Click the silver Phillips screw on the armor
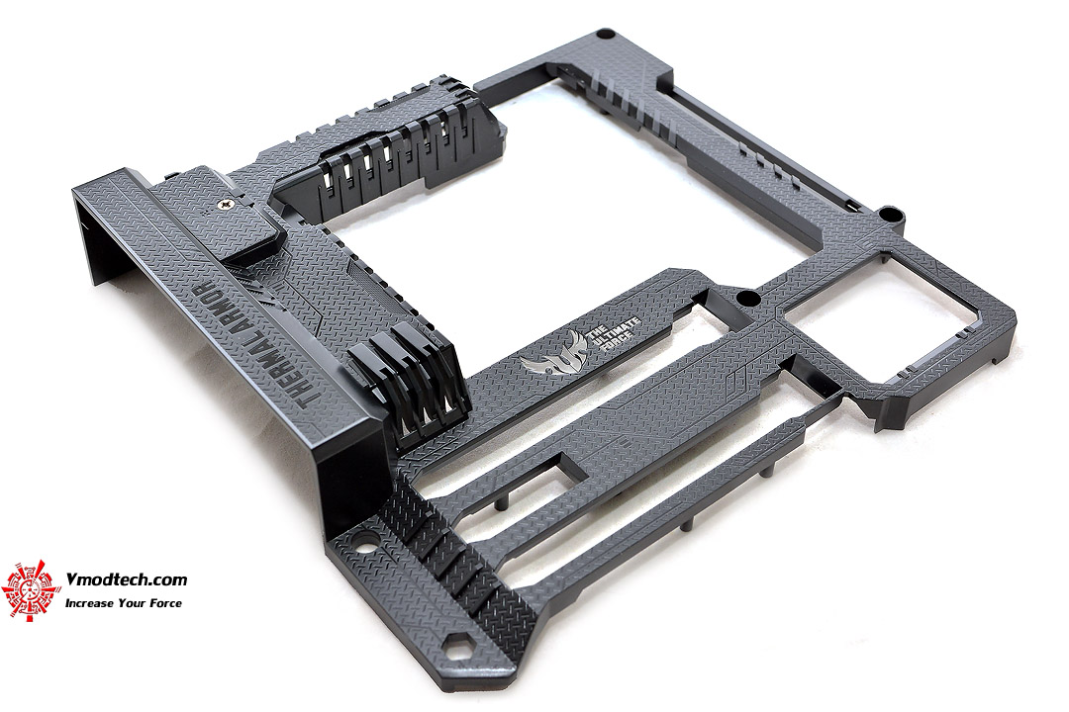[x=227, y=203]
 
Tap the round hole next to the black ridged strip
[x=364, y=547]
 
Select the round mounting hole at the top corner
[x=605, y=34]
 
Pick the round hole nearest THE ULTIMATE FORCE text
[x=748, y=299]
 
